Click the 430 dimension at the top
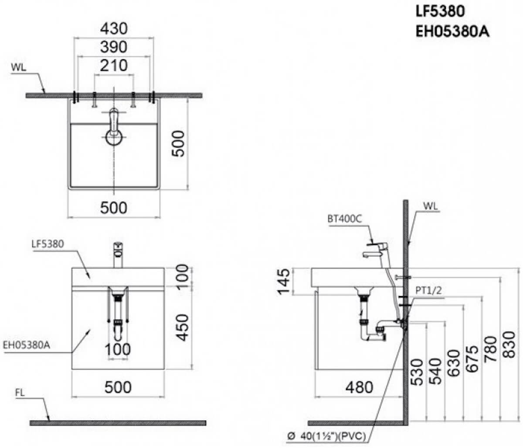[x=114, y=29]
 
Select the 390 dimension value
[x=114, y=47]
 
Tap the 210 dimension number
[x=114, y=65]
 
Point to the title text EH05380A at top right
[x=452, y=32]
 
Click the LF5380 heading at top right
[x=440, y=11]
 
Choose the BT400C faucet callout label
[x=345, y=219]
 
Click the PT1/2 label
[x=428, y=290]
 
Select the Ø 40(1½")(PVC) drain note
[x=327, y=436]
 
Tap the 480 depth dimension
[x=359, y=387]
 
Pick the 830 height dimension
[x=509, y=344]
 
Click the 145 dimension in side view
[x=283, y=282]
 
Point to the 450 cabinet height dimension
[x=183, y=327]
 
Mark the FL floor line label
[x=20, y=393]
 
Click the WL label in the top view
[x=18, y=67]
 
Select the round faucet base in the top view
[x=114, y=137]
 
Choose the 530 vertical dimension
[x=417, y=372]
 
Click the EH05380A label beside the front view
[x=27, y=345]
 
